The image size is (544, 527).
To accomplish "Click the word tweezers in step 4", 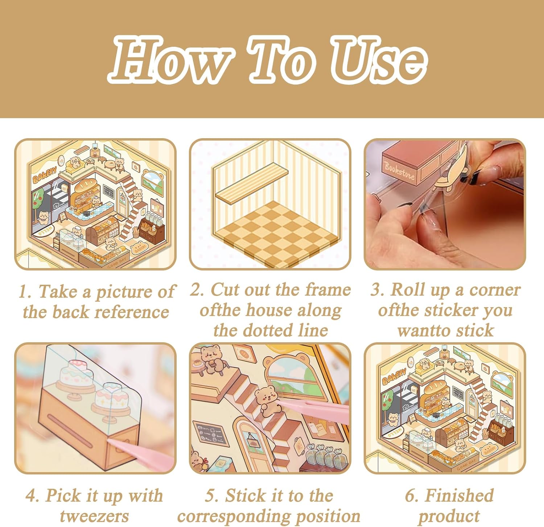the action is click(94, 516).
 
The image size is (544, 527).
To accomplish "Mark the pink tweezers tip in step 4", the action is click(110, 441).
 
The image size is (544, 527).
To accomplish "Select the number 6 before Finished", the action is click(409, 496).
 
